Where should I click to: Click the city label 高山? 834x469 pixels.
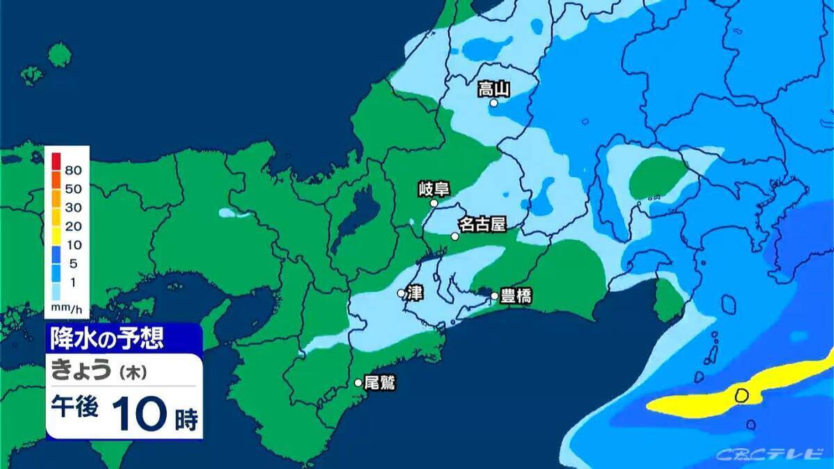tap(494, 89)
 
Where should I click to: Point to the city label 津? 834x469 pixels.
tap(415, 293)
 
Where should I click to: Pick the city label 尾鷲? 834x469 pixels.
tap(379, 383)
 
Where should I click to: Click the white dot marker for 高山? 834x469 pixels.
tap(493, 103)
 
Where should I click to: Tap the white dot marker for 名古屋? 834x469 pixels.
tap(455, 236)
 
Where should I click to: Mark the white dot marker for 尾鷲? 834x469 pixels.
tap(359, 383)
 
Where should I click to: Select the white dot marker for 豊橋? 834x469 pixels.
tap(494, 296)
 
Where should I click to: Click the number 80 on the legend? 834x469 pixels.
tap(73, 170)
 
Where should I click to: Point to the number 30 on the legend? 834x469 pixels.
tap(73, 207)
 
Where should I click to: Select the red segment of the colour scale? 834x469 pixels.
tap(56, 161)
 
